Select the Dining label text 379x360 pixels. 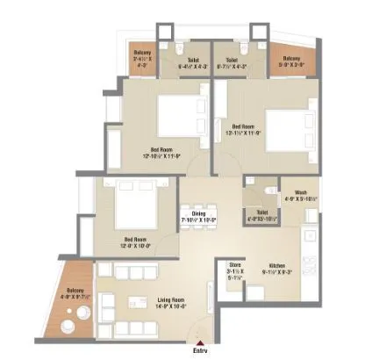198,212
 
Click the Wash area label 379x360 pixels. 300,192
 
